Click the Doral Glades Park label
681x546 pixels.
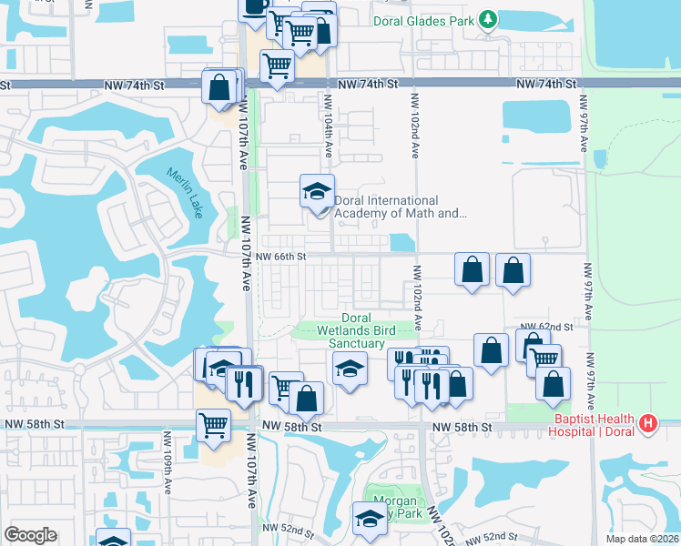(424, 19)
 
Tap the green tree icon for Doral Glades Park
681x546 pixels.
(489, 19)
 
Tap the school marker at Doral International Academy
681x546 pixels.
(317, 192)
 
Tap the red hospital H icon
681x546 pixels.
(647, 423)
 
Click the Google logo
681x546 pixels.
(31, 535)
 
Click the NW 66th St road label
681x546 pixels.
(280, 257)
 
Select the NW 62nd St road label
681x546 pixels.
(545, 326)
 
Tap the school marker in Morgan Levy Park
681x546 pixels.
(370, 520)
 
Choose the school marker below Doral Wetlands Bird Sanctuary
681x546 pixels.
(348, 369)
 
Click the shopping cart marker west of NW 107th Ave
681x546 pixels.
(213, 425)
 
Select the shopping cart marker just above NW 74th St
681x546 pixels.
(276, 66)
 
